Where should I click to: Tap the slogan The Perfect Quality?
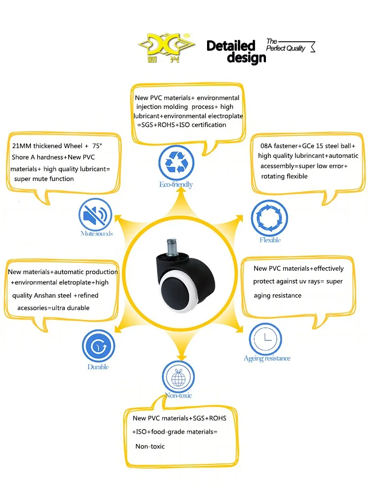[286, 45]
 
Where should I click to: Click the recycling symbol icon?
[175, 163]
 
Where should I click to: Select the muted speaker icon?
[95, 215]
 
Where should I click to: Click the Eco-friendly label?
[176, 185]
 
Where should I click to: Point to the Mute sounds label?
[97, 233]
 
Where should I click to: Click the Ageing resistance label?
[267, 359]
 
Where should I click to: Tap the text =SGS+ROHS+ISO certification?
[182, 125]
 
